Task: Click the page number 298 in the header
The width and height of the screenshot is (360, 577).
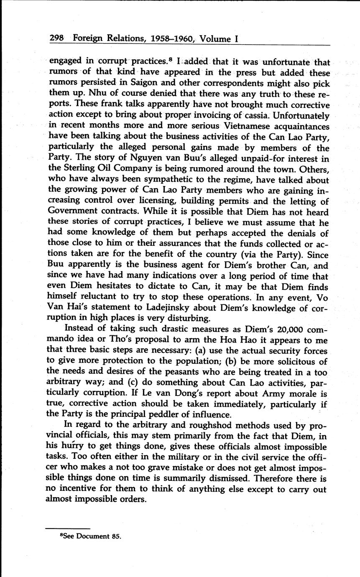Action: (x=56, y=39)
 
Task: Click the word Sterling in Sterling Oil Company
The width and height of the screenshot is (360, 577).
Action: (x=79, y=169)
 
